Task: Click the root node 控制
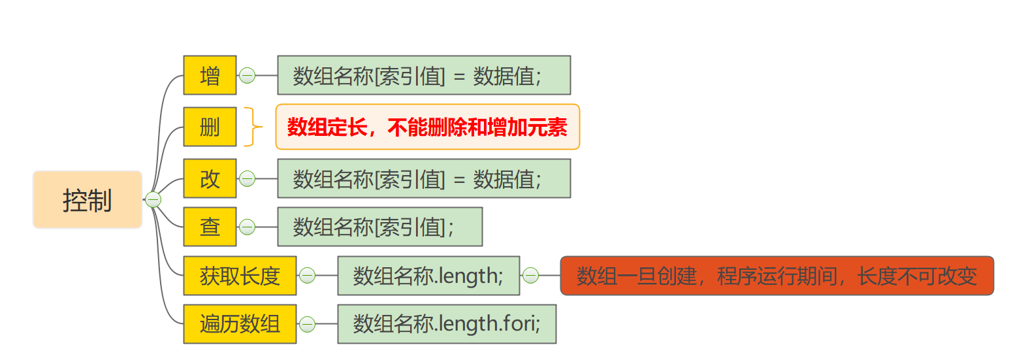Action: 88,200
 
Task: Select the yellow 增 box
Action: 210,76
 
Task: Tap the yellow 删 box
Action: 210,127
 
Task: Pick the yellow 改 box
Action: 210,178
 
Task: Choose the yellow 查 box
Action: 210,227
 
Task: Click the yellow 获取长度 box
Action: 240,276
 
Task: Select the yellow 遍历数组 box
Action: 240,324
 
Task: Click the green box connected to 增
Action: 424,76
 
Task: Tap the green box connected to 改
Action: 424,178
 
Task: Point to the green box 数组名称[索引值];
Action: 379,227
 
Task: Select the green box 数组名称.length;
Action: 428,276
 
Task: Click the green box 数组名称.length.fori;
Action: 447,324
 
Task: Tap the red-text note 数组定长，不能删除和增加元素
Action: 427,127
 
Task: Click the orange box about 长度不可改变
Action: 777,276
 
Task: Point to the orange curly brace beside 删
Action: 253,127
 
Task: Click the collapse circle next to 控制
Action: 153,200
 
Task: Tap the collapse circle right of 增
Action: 247,76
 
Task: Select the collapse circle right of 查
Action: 247,227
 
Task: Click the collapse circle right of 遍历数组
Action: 307,324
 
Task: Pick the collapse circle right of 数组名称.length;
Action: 530,276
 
